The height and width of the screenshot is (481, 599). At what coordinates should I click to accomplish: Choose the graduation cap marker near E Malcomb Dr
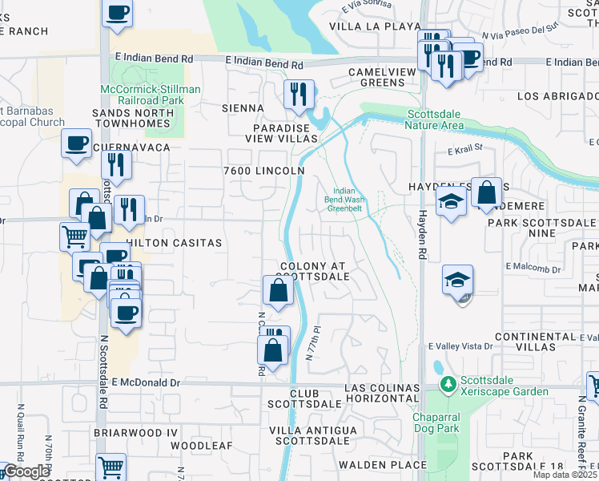click(458, 280)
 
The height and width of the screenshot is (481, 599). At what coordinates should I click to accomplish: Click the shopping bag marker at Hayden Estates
click(486, 192)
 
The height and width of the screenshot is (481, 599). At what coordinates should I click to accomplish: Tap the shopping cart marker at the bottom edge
click(111, 467)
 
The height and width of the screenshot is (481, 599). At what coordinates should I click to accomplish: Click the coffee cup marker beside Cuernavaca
click(77, 143)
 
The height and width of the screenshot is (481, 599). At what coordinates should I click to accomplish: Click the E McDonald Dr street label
click(148, 383)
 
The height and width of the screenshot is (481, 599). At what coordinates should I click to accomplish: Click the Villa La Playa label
click(366, 26)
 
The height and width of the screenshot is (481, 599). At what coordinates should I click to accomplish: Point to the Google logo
click(26, 471)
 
